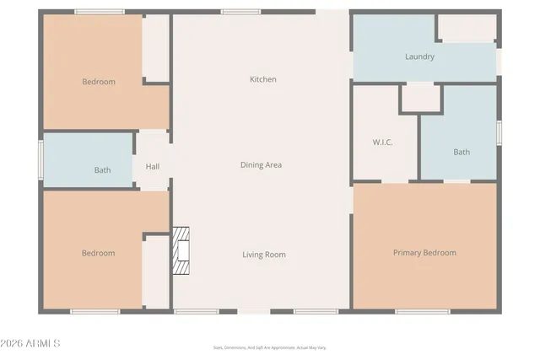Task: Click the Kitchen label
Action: coord(262,79)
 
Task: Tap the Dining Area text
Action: coord(261,165)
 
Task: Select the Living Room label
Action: coord(264,255)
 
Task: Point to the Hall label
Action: coord(153,167)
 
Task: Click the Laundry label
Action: coord(419,57)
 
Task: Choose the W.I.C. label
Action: coord(383,142)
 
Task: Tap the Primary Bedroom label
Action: coord(424,253)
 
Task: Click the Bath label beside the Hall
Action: coord(102,170)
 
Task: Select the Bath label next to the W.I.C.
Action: coord(462,153)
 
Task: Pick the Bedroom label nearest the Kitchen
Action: coord(99,82)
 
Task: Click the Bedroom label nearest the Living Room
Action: coord(98,253)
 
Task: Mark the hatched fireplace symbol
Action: coord(181,251)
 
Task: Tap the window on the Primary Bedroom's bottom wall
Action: coord(422,311)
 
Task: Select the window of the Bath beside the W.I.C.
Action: coord(499,132)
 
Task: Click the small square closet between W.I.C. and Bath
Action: coord(419,98)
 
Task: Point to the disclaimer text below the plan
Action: coord(269,347)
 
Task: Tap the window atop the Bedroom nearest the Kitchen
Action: coord(100,12)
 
